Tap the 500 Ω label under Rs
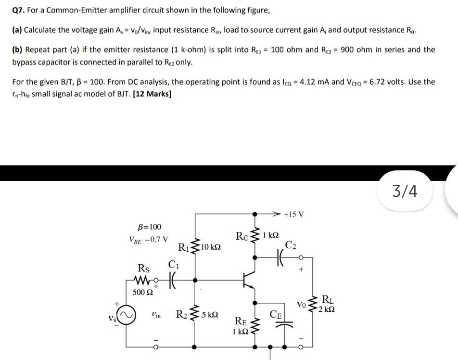pos(143,292)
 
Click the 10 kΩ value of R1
pos(211,247)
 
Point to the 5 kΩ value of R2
pos(210,316)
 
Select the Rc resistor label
pos(242,236)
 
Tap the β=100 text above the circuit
pos(150,227)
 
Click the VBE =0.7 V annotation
pos(149,239)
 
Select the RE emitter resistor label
pos(241,322)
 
